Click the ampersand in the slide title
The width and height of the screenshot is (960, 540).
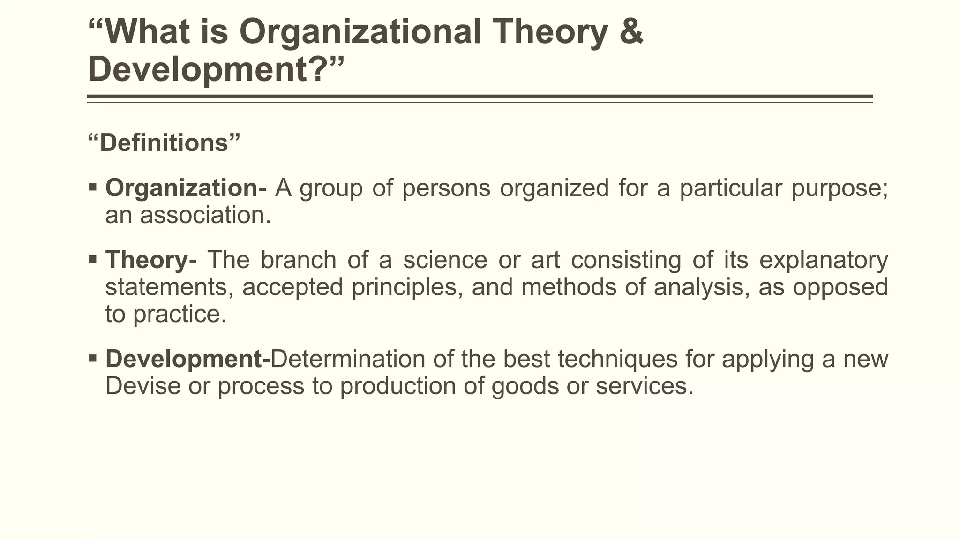click(x=631, y=32)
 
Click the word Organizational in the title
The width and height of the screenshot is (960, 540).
click(x=360, y=32)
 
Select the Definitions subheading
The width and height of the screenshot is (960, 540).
click(x=164, y=142)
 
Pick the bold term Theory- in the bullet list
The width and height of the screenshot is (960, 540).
click(x=151, y=260)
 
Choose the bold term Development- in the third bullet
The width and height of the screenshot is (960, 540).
click(x=188, y=359)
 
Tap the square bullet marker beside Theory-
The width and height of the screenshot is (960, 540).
click(x=92, y=259)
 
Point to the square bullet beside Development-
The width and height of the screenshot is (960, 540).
click(x=92, y=359)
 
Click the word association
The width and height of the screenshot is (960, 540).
click(x=205, y=216)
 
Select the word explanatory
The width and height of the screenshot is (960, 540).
click(x=824, y=260)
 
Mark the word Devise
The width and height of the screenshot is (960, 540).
click(x=143, y=386)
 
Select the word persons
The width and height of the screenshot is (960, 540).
click(x=446, y=188)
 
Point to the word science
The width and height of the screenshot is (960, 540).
click(x=445, y=260)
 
